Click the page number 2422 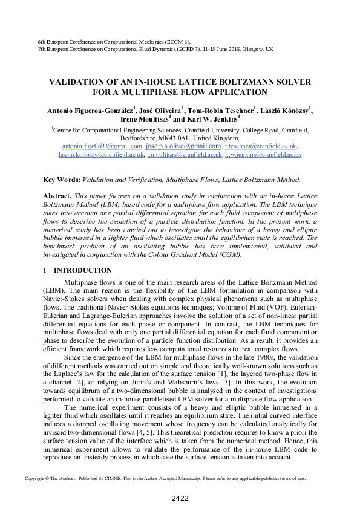[180, 498]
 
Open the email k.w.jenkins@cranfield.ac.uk [263, 155]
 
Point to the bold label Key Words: [62, 180]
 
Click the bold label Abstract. [57, 197]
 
